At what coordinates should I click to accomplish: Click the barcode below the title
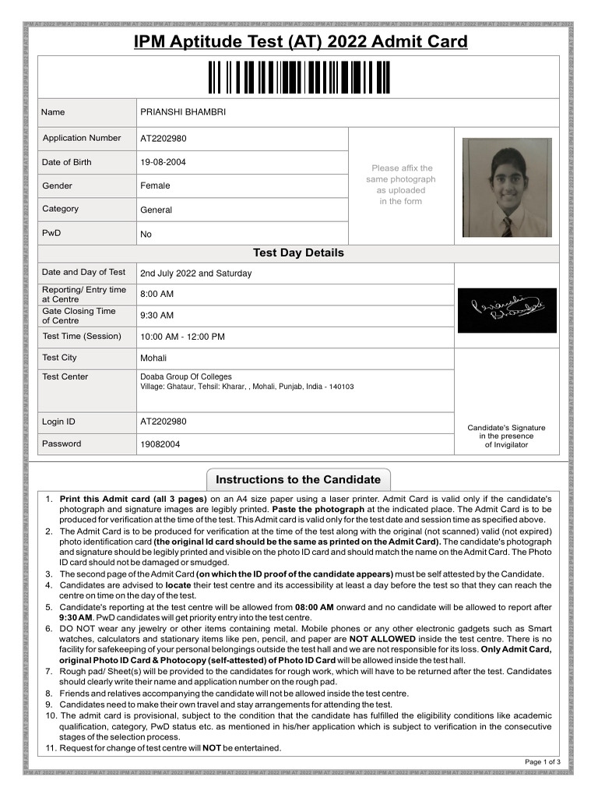click(299, 77)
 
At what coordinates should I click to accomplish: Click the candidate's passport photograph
click(506, 188)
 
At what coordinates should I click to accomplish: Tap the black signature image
click(506, 310)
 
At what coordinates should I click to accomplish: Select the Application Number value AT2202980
click(164, 139)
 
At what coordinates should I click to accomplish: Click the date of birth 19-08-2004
click(163, 162)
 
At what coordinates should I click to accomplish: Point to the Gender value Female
click(155, 185)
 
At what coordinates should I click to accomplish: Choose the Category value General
click(156, 210)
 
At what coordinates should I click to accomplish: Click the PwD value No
click(146, 234)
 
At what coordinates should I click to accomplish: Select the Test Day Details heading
click(298, 253)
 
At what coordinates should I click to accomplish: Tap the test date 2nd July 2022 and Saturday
click(195, 274)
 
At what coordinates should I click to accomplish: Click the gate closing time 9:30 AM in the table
click(157, 316)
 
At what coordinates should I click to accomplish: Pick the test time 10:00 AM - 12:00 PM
click(182, 337)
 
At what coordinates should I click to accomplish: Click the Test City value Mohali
click(153, 358)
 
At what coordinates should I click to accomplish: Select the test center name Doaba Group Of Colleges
click(186, 376)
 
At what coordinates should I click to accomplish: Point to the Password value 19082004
click(160, 444)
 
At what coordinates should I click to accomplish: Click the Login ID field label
click(58, 422)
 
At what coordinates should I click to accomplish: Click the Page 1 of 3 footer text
click(542, 761)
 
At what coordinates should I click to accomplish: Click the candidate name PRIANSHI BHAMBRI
click(183, 112)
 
